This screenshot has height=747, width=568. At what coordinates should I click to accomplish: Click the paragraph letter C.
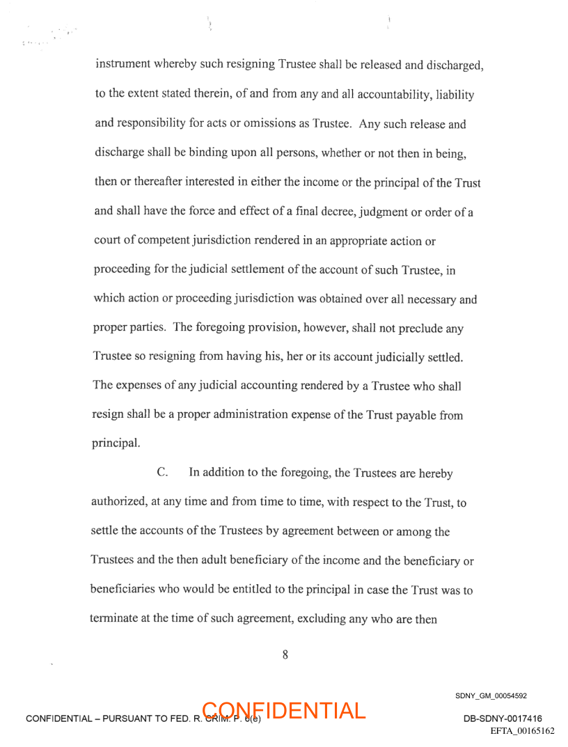(163, 473)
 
